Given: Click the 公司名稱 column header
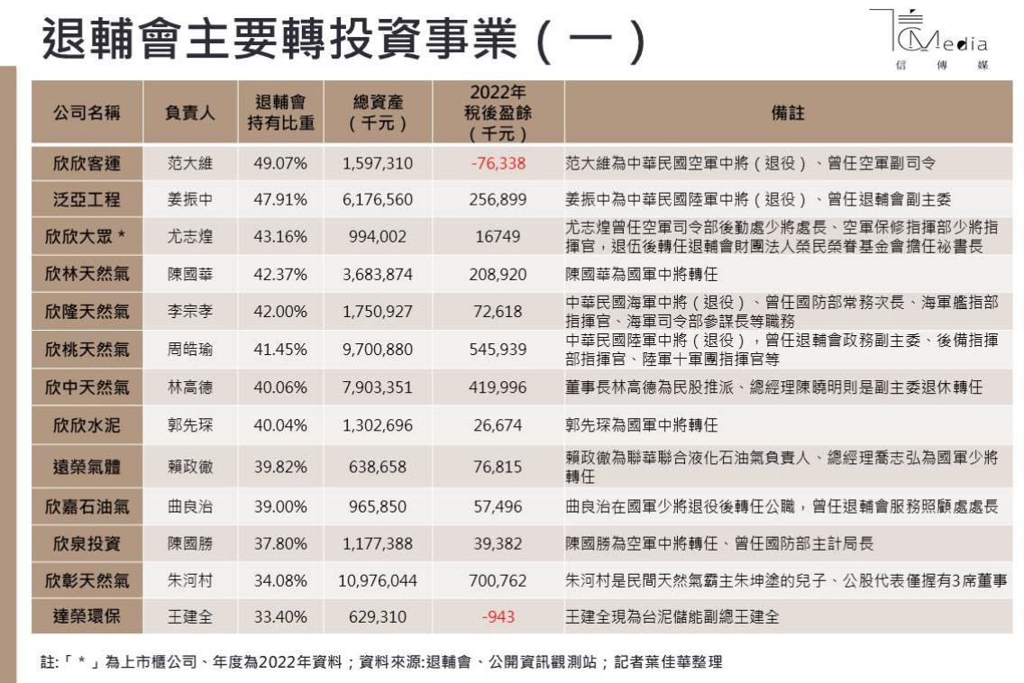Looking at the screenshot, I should tap(87, 114).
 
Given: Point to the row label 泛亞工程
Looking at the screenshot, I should tap(87, 199).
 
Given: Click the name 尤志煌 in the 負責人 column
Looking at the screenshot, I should tap(189, 237).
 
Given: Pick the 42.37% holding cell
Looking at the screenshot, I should tap(280, 275).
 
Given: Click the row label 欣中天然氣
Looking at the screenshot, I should tap(87, 387).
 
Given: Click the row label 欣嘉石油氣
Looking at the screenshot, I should tap(87, 506).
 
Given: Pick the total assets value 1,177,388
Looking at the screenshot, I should tap(378, 543).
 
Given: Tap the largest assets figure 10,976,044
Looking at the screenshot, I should tap(378, 581).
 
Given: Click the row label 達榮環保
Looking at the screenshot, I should tap(87, 618).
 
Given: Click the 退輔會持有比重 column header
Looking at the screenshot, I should tap(280, 114).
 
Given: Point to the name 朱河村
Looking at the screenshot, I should tap(189, 581).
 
